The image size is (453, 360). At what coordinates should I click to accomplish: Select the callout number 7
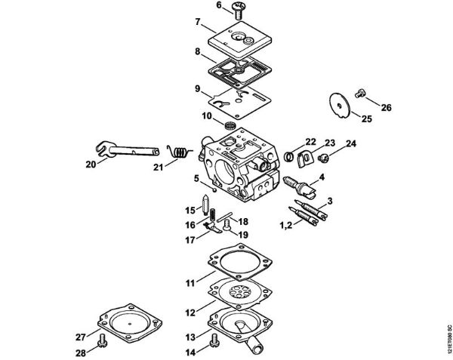coord(199,22)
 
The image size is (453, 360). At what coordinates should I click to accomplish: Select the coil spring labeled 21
coord(179,152)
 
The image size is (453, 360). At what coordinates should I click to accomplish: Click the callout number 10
coord(205,115)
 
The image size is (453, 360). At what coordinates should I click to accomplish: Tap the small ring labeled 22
coord(289,155)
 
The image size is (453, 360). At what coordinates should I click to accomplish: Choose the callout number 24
coord(329,143)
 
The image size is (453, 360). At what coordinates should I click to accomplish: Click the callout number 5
coord(196,179)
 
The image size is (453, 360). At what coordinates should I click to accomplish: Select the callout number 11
coord(191,282)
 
